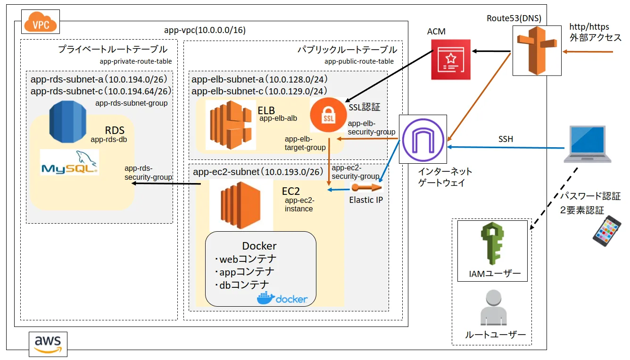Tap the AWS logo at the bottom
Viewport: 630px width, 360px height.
(48, 343)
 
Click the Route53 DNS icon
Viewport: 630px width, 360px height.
(537, 51)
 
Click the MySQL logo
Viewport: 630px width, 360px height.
(69, 163)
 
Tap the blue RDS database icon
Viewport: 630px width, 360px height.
(68, 122)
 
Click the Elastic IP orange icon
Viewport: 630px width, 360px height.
(366, 188)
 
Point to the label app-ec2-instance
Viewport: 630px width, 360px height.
(299, 205)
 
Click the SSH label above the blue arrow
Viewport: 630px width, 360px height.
(506, 139)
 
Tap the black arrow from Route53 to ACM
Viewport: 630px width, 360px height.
(492, 50)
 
